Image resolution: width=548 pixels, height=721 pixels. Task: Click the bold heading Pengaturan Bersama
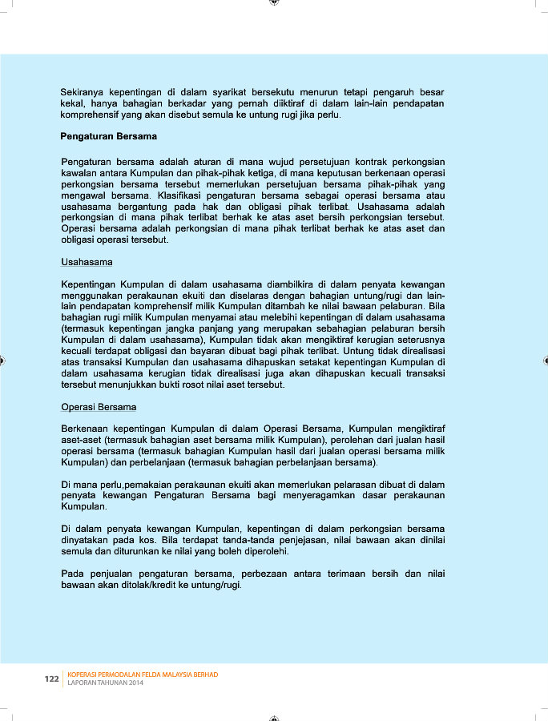(x=108, y=136)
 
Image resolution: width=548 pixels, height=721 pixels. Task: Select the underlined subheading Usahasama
(x=87, y=262)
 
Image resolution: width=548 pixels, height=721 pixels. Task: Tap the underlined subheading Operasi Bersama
(x=99, y=407)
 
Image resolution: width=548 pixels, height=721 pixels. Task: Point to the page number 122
(x=52, y=679)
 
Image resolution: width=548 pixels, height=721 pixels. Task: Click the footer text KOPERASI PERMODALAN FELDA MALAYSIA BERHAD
(x=143, y=675)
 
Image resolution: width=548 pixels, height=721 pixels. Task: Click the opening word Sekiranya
(x=84, y=92)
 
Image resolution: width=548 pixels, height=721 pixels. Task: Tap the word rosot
(x=207, y=385)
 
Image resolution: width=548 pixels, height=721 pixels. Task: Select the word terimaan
(x=341, y=574)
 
